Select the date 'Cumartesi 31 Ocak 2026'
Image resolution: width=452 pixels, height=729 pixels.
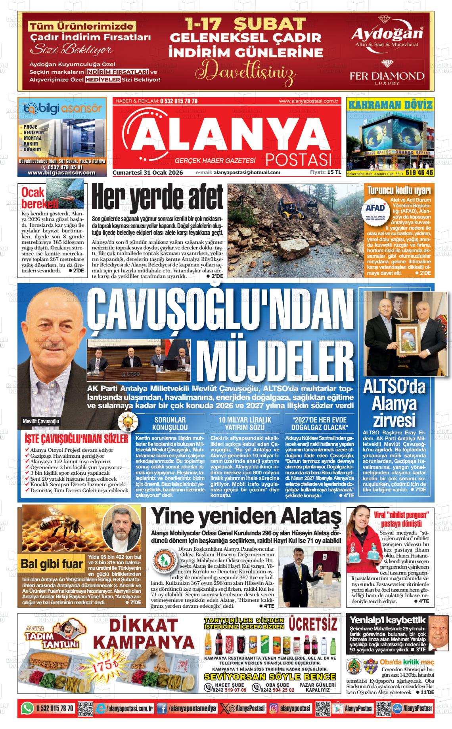coord(147,172)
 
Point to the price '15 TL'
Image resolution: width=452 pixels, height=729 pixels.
coord(334,172)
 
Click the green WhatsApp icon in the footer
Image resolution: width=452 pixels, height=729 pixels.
coord(27,708)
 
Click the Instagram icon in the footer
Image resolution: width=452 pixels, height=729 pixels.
coord(273,708)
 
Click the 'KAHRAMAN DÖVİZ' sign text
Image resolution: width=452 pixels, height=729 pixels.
coord(390,105)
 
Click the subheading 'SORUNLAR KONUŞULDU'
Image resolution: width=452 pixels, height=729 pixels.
coord(170,424)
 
